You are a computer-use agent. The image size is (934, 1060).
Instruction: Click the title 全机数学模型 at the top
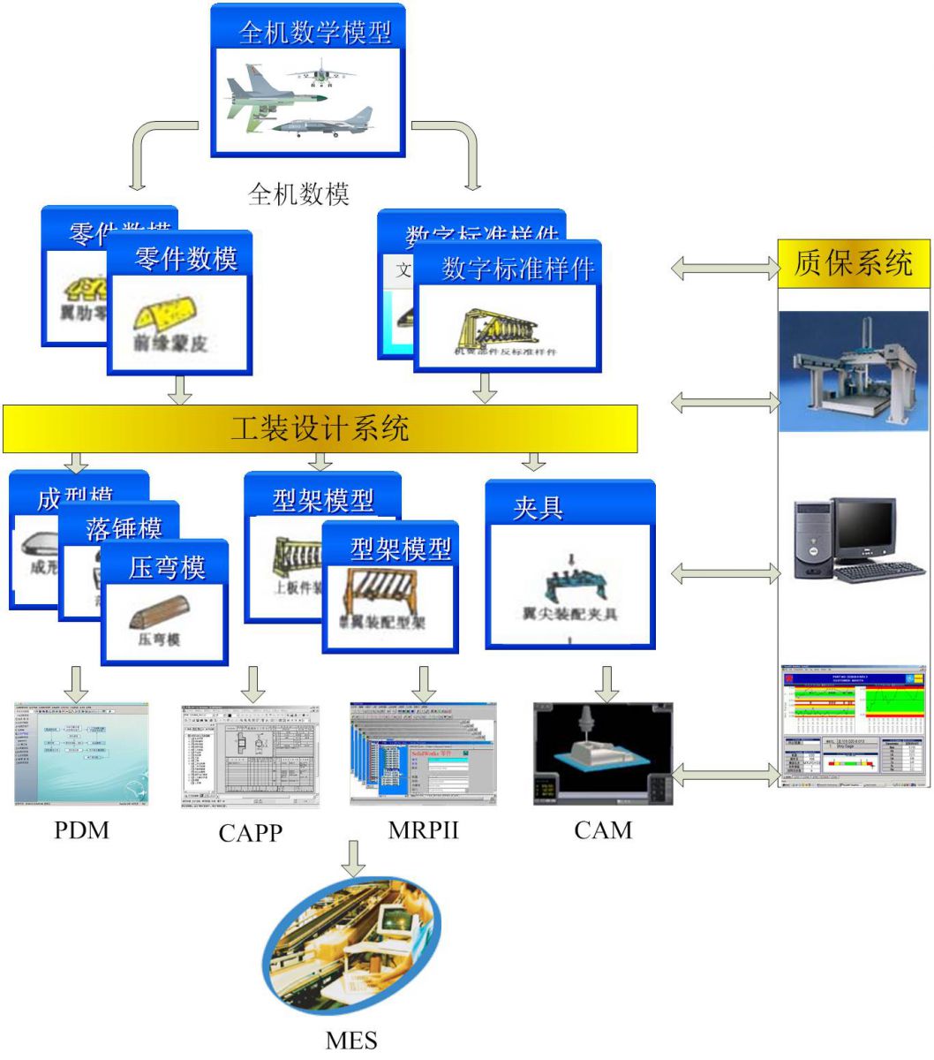click(315, 33)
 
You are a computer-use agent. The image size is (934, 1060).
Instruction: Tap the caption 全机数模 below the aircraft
click(299, 193)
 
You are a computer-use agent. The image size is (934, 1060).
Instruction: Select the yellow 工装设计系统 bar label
click(320, 428)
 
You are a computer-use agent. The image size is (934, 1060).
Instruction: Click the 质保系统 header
click(853, 263)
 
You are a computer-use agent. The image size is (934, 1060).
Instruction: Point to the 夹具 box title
click(538, 508)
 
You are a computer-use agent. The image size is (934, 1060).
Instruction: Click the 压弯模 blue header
click(167, 567)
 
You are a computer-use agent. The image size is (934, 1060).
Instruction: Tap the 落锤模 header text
click(124, 528)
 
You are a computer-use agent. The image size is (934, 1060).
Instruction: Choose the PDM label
click(82, 830)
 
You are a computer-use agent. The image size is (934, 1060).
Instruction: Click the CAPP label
click(251, 832)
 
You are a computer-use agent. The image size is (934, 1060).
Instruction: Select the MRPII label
click(423, 830)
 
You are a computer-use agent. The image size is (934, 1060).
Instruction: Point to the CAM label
click(603, 830)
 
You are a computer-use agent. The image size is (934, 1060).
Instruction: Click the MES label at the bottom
click(351, 1040)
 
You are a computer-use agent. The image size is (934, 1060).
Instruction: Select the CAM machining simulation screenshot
click(603, 753)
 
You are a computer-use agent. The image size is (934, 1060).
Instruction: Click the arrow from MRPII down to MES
click(353, 858)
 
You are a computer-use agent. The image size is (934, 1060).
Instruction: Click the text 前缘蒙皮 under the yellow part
click(170, 343)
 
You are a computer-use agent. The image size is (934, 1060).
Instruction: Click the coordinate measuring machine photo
click(853, 371)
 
